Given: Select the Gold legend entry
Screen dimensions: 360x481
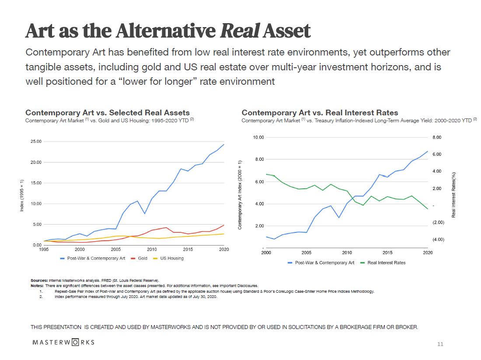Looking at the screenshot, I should pyautogui.click(x=143, y=258).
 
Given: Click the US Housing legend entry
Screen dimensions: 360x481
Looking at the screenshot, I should pyautogui.click(x=172, y=258).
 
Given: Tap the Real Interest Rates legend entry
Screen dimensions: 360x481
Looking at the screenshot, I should pyautogui.click(x=386, y=263).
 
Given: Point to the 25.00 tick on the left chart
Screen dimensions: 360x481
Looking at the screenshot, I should pyautogui.click(x=35, y=142).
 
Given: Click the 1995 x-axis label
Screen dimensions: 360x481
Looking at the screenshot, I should pyautogui.click(x=44, y=249).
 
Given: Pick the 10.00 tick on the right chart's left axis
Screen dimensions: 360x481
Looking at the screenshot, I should pyautogui.click(x=258, y=138).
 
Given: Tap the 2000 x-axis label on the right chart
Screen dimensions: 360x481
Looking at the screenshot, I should pyautogui.click(x=266, y=253).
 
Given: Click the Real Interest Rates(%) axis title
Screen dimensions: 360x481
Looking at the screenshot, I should pyautogui.click(x=453, y=194).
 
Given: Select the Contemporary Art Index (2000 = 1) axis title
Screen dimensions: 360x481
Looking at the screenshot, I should pyautogui.click(x=240, y=194).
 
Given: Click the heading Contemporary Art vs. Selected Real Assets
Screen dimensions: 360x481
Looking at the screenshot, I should pyautogui.click(x=108, y=113).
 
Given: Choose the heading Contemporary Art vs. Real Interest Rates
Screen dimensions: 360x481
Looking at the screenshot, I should pyautogui.click(x=320, y=113).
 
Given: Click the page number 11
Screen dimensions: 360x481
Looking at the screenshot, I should pyautogui.click(x=440, y=344).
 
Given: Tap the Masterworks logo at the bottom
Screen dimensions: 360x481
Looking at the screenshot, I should pyautogui.click(x=64, y=342).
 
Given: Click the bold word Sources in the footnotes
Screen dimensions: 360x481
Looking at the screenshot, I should pyautogui.click(x=39, y=280).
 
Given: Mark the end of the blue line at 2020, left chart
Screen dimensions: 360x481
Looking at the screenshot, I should pyautogui.click(x=224, y=144).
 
